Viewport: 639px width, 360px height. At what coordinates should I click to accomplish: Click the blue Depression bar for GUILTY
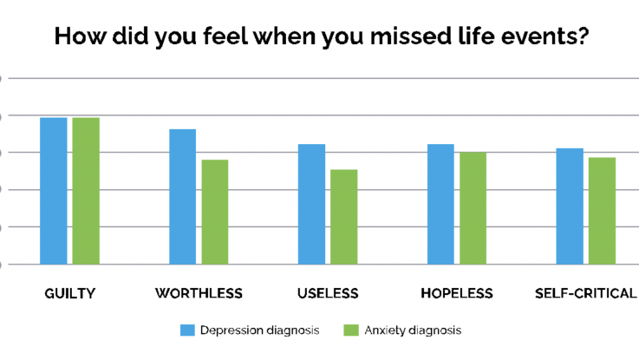click(x=54, y=191)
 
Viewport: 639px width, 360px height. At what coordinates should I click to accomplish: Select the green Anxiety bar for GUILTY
click(x=86, y=191)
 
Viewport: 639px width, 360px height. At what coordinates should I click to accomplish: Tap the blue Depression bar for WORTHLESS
click(x=182, y=197)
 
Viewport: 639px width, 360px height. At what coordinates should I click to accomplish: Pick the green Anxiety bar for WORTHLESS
click(x=215, y=212)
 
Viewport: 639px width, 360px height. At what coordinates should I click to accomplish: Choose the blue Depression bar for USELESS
click(x=311, y=204)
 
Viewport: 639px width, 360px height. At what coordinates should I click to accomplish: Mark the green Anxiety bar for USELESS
click(x=344, y=217)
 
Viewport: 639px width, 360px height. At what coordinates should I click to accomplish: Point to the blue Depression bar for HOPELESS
click(x=440, y=204)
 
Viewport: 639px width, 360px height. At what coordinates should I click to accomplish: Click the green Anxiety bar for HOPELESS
click(x=473, y=208)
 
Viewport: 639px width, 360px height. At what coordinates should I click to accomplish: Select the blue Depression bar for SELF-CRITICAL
click(x=570, y=206)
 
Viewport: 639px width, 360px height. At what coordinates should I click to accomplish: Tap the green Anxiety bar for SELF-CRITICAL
click(x=602, y=211)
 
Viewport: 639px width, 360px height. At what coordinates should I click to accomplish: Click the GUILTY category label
click(x=69, y=293)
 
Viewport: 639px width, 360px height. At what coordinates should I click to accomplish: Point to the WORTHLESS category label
click(x=199, y=293)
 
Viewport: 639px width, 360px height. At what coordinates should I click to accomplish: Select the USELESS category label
click(x=328, y=293)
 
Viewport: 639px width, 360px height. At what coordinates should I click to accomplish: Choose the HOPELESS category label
click(x=456, y=293)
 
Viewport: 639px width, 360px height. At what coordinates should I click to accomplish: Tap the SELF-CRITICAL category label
click(x=586, y=293)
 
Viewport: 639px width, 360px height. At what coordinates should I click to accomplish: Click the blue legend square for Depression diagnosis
click(x=186, y=330)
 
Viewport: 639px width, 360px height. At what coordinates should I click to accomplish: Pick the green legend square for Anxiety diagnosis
click(x=351, y=330)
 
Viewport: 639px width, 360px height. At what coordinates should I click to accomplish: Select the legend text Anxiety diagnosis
click(x=413, y=330)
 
